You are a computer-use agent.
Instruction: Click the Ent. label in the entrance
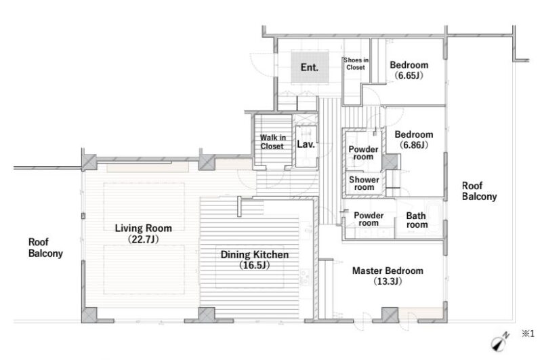[310, 67]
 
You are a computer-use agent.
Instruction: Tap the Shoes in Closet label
[356, 64]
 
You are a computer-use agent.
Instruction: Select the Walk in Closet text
[272, 142]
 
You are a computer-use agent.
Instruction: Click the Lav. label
[306, 144]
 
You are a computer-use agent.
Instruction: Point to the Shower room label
[364, 183]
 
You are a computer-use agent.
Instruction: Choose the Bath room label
[417, 220]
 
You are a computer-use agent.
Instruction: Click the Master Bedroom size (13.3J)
[388, 281]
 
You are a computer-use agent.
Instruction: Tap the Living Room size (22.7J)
[143, 239]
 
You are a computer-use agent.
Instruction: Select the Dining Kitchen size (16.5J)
[255, 265]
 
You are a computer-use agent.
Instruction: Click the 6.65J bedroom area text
[409, 75]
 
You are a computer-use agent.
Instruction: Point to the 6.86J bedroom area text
[414, 144]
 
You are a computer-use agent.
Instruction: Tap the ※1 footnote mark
[528, 334]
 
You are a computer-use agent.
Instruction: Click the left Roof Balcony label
[45, 247]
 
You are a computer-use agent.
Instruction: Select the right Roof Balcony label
[479, 191]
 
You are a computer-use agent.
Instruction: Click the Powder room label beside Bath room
[369, 219]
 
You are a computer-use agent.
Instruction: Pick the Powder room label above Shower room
[363, 153]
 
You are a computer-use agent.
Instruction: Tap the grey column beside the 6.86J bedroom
[391, 162]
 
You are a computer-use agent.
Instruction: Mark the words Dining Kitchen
[255, 254]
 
